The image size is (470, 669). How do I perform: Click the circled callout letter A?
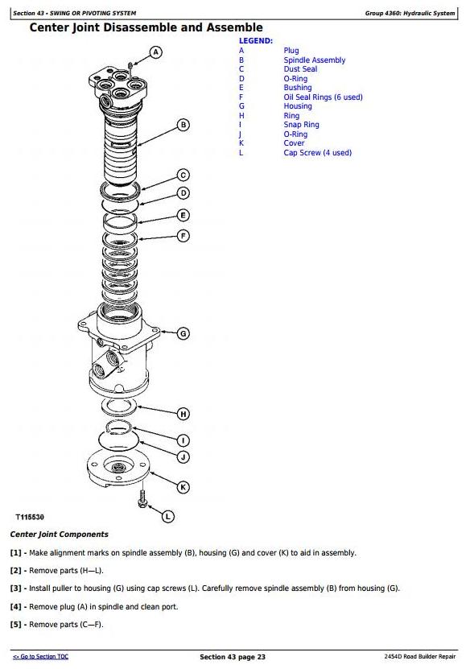(x=156, y=52)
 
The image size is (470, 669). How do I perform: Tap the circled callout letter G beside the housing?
(x=183, y=333)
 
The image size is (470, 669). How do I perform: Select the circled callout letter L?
(x=168, y=517)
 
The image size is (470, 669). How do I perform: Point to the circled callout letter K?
(x=183, y=487)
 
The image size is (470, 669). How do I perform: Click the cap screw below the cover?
(x=143, y=499)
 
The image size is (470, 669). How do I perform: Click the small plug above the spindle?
(x=131, y=65)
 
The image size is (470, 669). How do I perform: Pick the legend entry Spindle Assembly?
(x=315, y=60)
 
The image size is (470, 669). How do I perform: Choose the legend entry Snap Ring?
(x=301, y=125)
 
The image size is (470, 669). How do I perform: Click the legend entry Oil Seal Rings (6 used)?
(x=323, y=97)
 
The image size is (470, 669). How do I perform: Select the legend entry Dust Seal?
(x=300, y=69)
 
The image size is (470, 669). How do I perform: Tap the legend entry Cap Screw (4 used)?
(x=317, y=153)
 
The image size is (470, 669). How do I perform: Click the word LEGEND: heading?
(x=255, y=41)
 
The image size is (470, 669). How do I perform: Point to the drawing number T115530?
(x=30, y=517)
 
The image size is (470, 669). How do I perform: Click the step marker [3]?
(x=16, y=588)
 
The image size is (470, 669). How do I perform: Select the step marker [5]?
(x=16, y=625)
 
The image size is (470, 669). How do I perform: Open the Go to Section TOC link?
(x=40, y=657)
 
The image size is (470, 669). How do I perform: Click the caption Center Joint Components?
(x=60, y=535)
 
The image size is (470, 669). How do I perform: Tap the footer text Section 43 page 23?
(x=233, y=657)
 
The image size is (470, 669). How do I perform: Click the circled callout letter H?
(x=183, y=414)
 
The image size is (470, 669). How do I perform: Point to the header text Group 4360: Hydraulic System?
(x=410, y=13)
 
